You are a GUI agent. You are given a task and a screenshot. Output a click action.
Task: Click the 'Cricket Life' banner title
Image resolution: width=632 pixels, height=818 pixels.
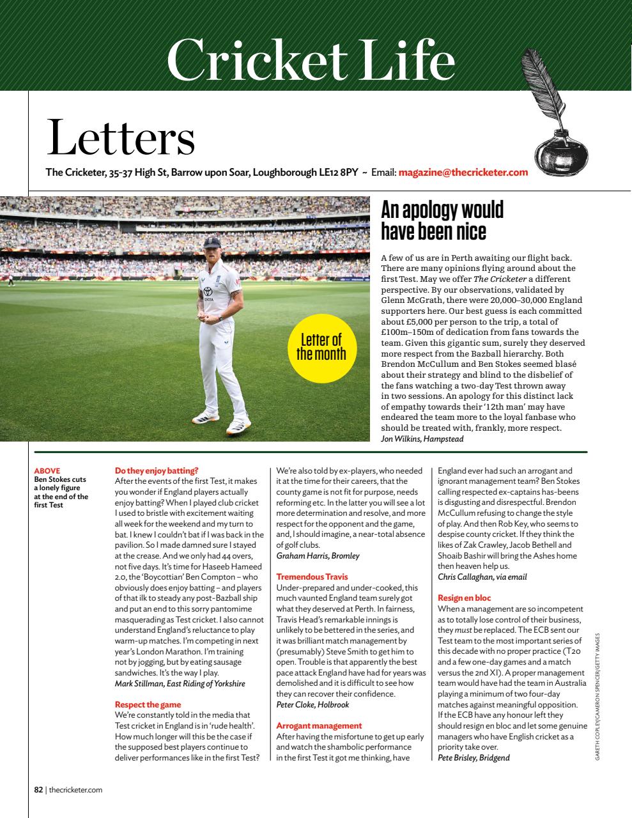pyautogui.click(x=311, y=60)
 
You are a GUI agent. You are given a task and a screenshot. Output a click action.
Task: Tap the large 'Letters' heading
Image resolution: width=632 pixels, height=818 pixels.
pyautogui.click(x=120, y=137)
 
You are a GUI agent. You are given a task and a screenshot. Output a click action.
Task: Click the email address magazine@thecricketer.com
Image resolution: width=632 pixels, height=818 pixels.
pyautogui.click(x=463, y=172)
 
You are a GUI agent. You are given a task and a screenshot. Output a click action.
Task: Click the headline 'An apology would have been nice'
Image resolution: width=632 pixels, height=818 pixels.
pyautogui.click(x=442, y=219)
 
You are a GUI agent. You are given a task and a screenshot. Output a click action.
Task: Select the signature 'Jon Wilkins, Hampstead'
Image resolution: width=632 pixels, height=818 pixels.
pyautogui.click(x=422, y=438)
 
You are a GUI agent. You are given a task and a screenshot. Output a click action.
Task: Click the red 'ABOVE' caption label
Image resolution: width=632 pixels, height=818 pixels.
pyautogui.click(x=47, y=471)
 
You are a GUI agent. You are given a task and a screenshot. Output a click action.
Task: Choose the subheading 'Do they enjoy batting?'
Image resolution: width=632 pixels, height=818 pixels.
pyautogui.click(x=157, y=470)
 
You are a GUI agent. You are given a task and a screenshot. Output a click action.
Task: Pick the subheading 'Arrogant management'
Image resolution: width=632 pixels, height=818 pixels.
pyautogui.click(x=319, y=726)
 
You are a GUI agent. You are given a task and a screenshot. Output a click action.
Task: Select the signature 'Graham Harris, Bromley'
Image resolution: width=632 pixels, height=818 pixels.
pyautogui.click(x=318, y=556)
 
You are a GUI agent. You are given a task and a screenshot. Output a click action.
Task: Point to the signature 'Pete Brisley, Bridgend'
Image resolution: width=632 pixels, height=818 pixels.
pyautogui.click(x=474, y=758)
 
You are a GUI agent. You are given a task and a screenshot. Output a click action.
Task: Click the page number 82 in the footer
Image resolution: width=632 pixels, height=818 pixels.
pyautogui.click(x=38, y=790)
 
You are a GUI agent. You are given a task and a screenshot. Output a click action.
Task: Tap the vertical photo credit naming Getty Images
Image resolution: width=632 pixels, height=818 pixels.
pyautogui.click(x=597, y=697)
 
